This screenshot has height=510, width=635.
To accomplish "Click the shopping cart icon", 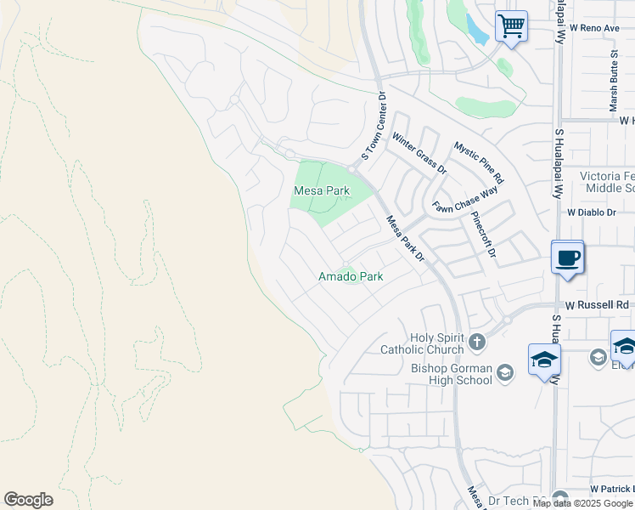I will (510, 25).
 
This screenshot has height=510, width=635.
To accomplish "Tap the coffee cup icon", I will (567, 257).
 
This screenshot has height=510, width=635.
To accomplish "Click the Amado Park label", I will (351, 276).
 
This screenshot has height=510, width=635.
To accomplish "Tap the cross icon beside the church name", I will (477, 343).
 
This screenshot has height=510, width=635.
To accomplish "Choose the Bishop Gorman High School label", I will (451, 374).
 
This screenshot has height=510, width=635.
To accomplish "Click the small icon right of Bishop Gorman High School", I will (505, 372).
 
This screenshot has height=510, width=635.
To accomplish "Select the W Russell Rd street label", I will (598, 304).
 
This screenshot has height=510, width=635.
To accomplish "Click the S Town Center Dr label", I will (374, 127).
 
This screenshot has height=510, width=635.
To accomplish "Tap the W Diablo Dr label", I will (591, 212).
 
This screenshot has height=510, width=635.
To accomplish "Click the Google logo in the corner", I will (28, 500).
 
